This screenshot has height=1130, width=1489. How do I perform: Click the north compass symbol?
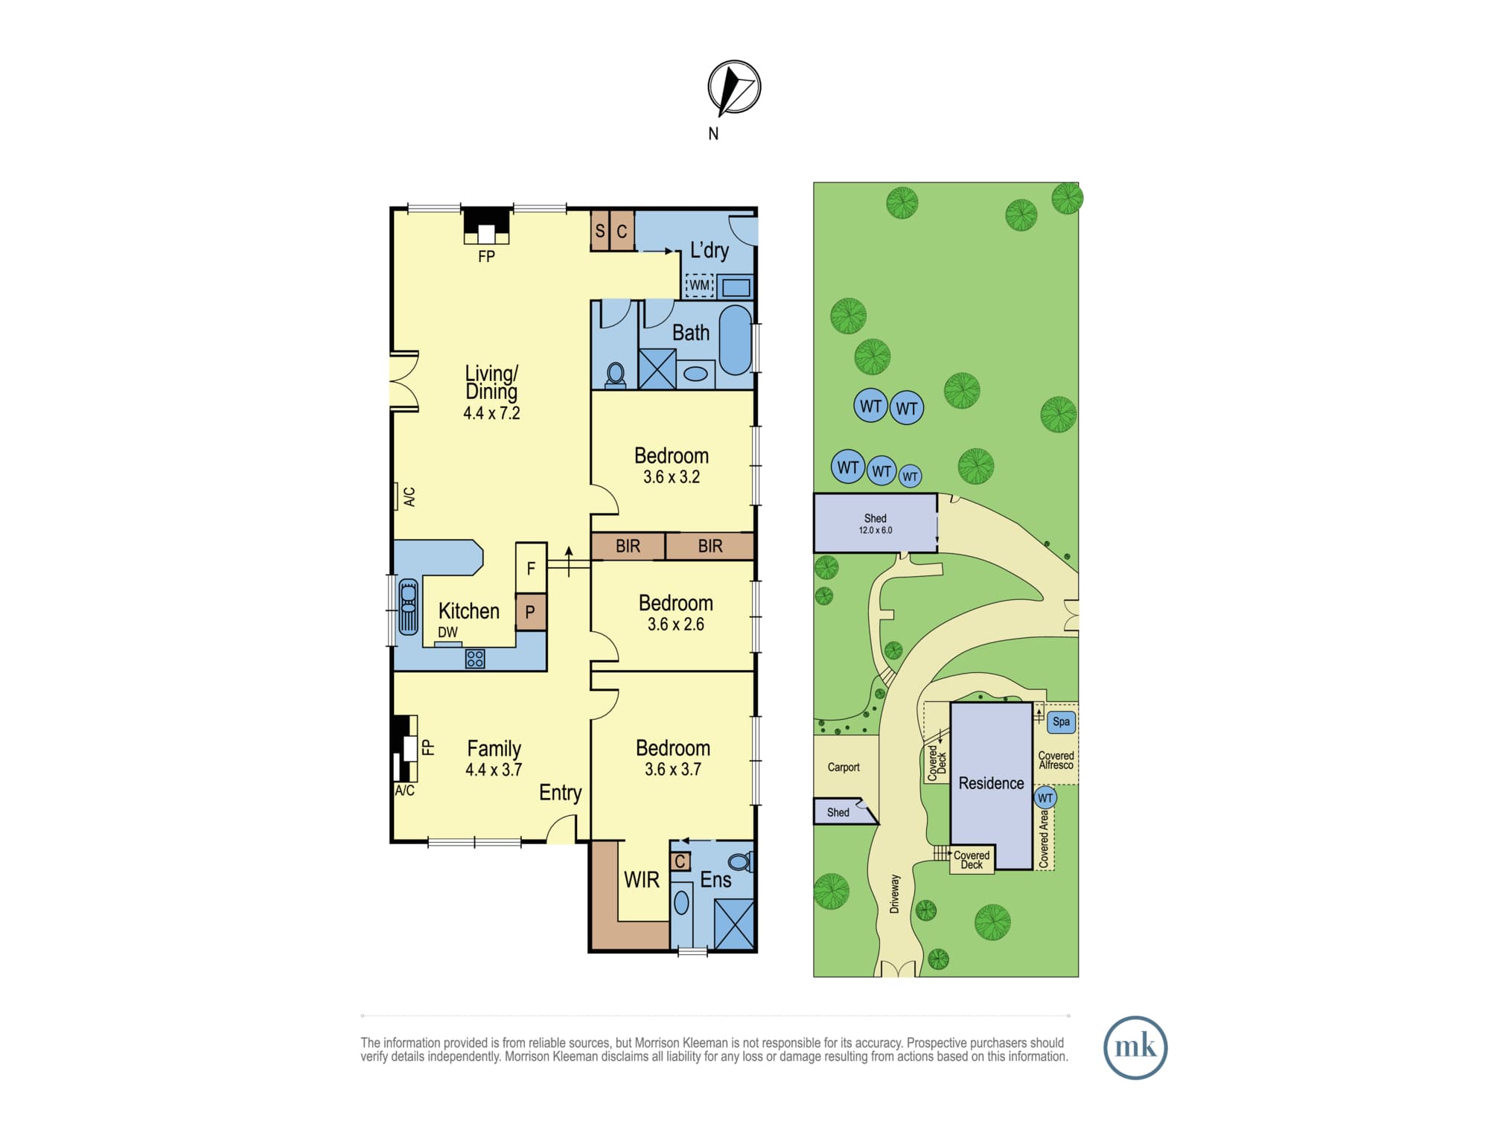[734, 88]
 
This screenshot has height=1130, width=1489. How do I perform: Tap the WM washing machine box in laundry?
[699, 285]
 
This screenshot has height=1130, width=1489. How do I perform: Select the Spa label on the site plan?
[1061, 721]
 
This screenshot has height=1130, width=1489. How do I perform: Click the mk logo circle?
[1135, 1047]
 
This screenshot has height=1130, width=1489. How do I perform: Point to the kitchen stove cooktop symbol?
[475, 659]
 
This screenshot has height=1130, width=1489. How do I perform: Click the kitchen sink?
[408, 607]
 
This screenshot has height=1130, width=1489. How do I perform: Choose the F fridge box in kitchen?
[531, 568]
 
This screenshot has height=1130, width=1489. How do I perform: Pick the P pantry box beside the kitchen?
[531, 612]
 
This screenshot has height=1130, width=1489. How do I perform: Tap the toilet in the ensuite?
[741, 862]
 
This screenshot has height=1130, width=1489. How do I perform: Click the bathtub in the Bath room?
[736, 339]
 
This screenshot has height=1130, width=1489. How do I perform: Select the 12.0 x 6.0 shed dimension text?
[876, 530]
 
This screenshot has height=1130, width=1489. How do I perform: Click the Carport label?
[844, 767]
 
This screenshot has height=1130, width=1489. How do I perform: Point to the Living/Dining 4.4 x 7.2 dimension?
[491, 413]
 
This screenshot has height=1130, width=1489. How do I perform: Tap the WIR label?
[642, 880]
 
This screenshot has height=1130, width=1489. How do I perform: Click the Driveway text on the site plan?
[894, 893]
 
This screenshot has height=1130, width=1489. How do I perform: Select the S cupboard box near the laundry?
[600, 231]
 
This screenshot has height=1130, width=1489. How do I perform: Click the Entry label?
[560, 794]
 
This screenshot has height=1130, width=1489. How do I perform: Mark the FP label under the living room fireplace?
[486, 256]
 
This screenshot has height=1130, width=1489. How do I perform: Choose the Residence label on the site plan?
[991, 783]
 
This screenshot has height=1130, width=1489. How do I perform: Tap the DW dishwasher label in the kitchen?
[447, 632]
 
